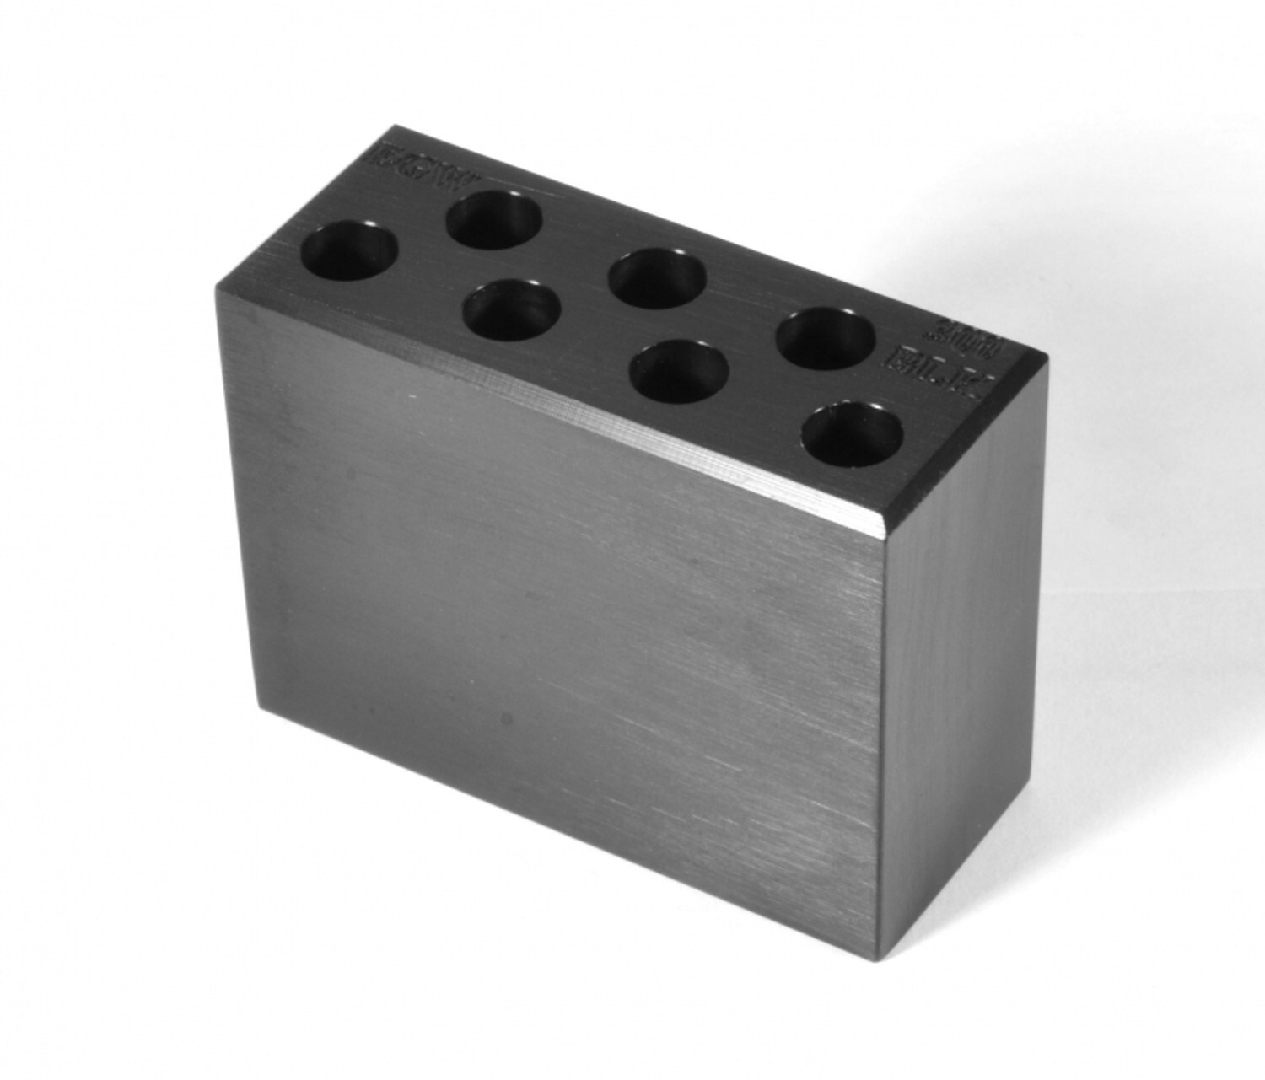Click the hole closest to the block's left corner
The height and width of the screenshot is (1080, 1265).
350,251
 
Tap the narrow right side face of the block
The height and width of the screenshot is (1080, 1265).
961,674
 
